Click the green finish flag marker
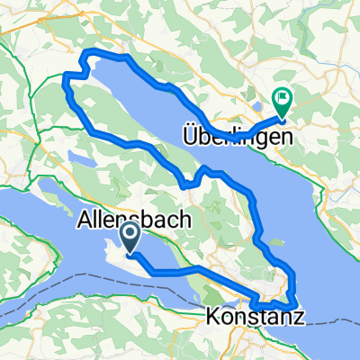[x=283, y=103]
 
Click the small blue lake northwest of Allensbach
[x=80, y=162]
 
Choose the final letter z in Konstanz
[x=298, y=317]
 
